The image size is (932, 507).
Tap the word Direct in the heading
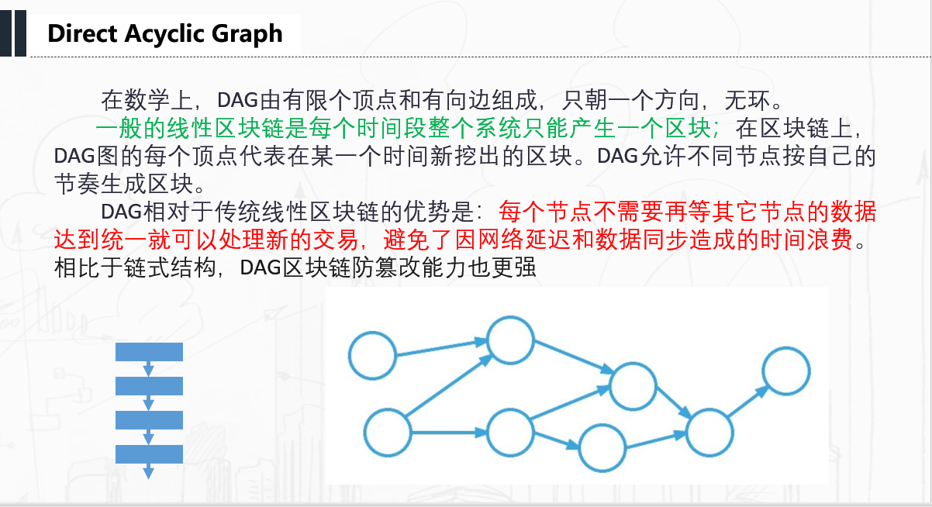(81, 34)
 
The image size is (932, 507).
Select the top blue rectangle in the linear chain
(149, 352)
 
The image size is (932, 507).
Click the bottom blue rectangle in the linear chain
(149, 454)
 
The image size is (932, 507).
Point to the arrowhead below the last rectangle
(149, 472)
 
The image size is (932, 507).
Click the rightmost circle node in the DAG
(786, 371)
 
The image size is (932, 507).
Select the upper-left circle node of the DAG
(372, 355)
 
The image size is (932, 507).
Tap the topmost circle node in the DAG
(510, 340)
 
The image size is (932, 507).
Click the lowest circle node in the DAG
(602, 448)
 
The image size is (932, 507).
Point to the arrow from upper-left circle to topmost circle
(442, 347)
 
